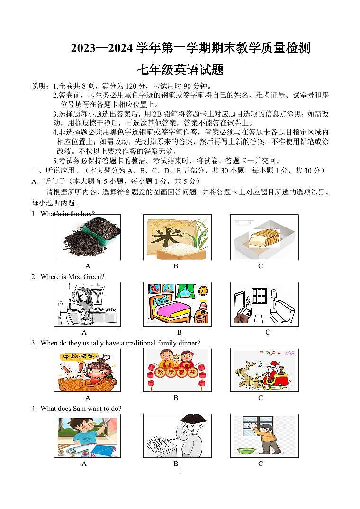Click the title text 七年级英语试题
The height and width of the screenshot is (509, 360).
[180, 70]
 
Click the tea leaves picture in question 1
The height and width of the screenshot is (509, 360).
[87, 237]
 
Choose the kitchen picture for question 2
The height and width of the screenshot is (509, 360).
[87, 304]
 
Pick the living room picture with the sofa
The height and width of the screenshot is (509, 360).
[264, 304]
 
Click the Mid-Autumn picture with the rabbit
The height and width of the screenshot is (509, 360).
[87, 370]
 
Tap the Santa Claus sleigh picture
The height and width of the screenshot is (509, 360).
[264, 370]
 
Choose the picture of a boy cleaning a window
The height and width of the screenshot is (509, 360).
[264, 436]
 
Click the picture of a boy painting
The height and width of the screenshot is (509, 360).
[87, 436]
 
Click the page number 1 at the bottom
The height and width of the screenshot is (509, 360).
[180, 472]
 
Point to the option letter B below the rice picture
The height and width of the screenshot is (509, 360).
[176, 266]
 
